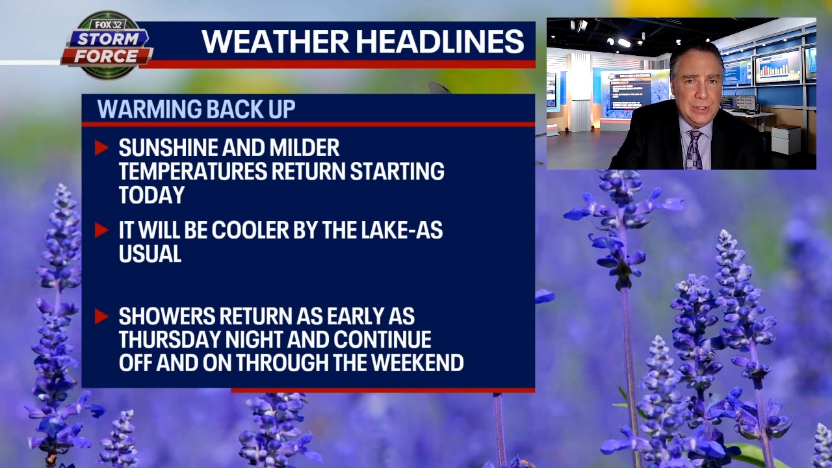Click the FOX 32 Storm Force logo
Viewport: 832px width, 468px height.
click(x=107, y=45)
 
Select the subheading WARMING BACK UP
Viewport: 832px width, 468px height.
click(x=196, y=109)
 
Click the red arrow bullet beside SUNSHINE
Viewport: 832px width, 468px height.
click(x=101, y=148)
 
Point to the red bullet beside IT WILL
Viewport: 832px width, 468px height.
click(x=101, y=230)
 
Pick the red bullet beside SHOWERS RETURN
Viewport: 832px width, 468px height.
click(x=101, y=317)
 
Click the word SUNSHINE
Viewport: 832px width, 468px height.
click(x=168, y=148)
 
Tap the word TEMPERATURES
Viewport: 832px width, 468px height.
click(x=192, y=171)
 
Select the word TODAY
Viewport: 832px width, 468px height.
click(x=151, y=194)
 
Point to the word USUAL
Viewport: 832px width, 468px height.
click(x=149, y=253)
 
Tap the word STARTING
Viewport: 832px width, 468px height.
click(x=396, y=171)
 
